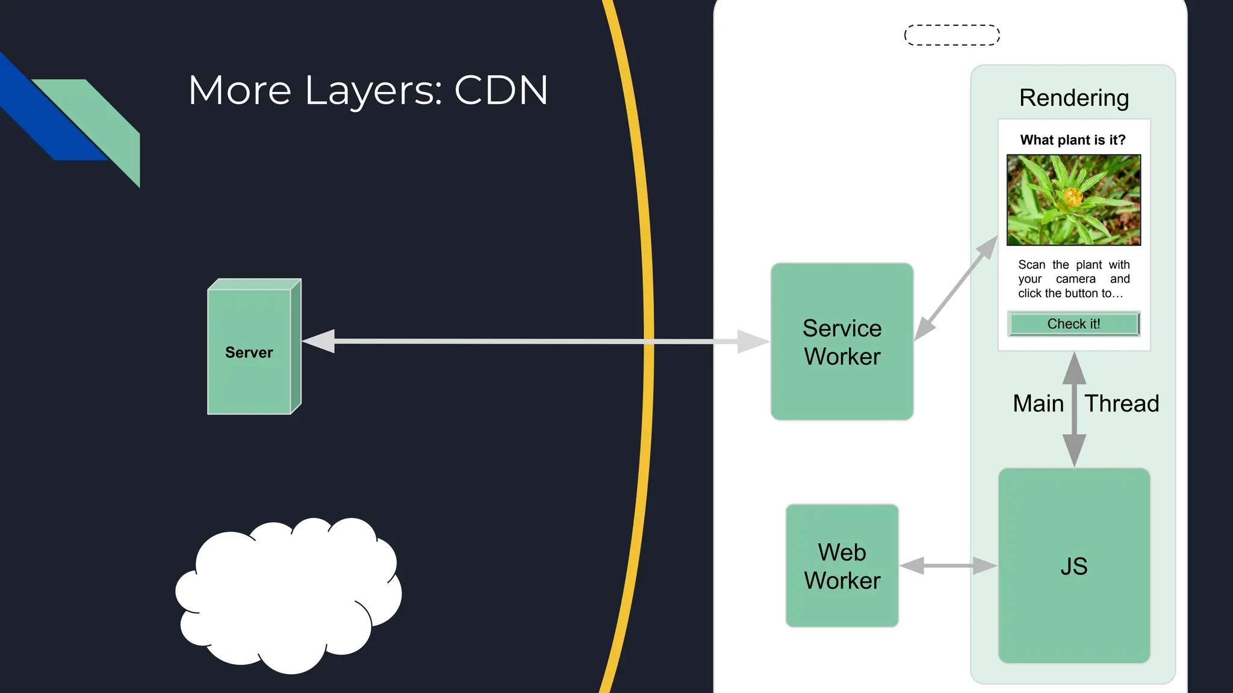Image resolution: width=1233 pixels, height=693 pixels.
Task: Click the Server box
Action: pyautogui.click(x=249, y=352)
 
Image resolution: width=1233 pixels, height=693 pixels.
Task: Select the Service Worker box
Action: pyautogui.click(x=842, y=342)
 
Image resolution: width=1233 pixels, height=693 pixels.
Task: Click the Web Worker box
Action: pyautogui.click(x=842, y=565)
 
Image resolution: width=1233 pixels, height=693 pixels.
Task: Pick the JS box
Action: pyautogui.click(x=1073, y=565)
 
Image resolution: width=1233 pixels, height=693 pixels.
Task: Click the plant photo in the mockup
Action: pyautogui.click(x=1073, y=200)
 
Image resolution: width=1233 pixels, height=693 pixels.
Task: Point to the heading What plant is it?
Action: pyautogui.click(x=1072, y=140)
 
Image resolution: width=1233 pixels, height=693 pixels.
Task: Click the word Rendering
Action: pyautogui.click(x=1073, y=97)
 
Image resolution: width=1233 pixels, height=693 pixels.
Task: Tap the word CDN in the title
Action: pyautogui.click(x=501, y=90)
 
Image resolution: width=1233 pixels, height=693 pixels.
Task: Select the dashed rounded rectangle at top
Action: pyautogui.click(x=952, y=35)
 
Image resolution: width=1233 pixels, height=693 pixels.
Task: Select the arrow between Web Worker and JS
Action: pyautogui.click(x=948, y=565)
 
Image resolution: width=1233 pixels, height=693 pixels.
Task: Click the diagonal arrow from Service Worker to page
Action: pyautogui.click(x=956, y=288)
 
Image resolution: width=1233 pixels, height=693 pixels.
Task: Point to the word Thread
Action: pyautogui.click(x=1121, y=403)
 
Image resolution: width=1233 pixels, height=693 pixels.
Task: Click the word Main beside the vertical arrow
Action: pyautogui.click(x=1038, y=403)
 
